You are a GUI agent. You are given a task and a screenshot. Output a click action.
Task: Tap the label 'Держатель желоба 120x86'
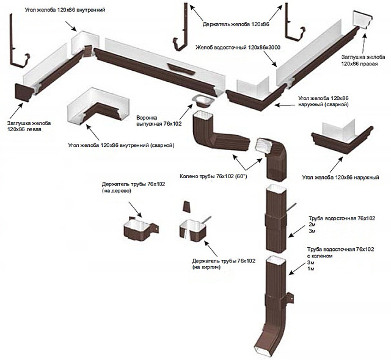click(236, 24)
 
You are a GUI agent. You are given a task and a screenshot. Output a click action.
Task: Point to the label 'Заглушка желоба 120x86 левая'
click(29, 126)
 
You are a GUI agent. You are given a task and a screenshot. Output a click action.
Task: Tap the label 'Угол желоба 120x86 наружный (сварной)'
click(323, 101)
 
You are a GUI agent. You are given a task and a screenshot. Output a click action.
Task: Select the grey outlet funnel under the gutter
click(202, 101)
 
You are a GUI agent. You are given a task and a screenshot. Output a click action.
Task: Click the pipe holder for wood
click(139, 229)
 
